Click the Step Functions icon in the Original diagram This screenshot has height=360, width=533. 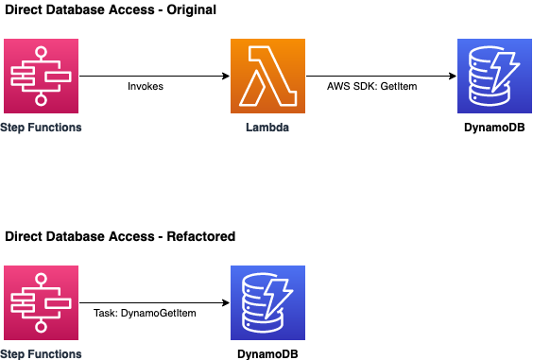(42, 76)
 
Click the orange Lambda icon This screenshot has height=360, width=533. (268, 76)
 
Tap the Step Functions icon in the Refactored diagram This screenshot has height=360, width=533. (42, 302)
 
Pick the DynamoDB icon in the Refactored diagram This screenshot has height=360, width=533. (268, 302)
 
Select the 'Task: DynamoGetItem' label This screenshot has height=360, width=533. (145, 313)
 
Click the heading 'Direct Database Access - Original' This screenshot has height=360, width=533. (110, 10)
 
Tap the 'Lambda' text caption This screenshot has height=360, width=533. (268, 127)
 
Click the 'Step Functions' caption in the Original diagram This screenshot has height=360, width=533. (42, 127)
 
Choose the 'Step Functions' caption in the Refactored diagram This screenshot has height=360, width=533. (42, 353)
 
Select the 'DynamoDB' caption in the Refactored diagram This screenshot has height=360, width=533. (268, 353)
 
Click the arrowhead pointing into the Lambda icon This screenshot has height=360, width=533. (225, 76)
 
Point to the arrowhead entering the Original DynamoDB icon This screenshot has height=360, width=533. (451, 76)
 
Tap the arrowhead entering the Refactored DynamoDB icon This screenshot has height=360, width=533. (225, 302)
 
